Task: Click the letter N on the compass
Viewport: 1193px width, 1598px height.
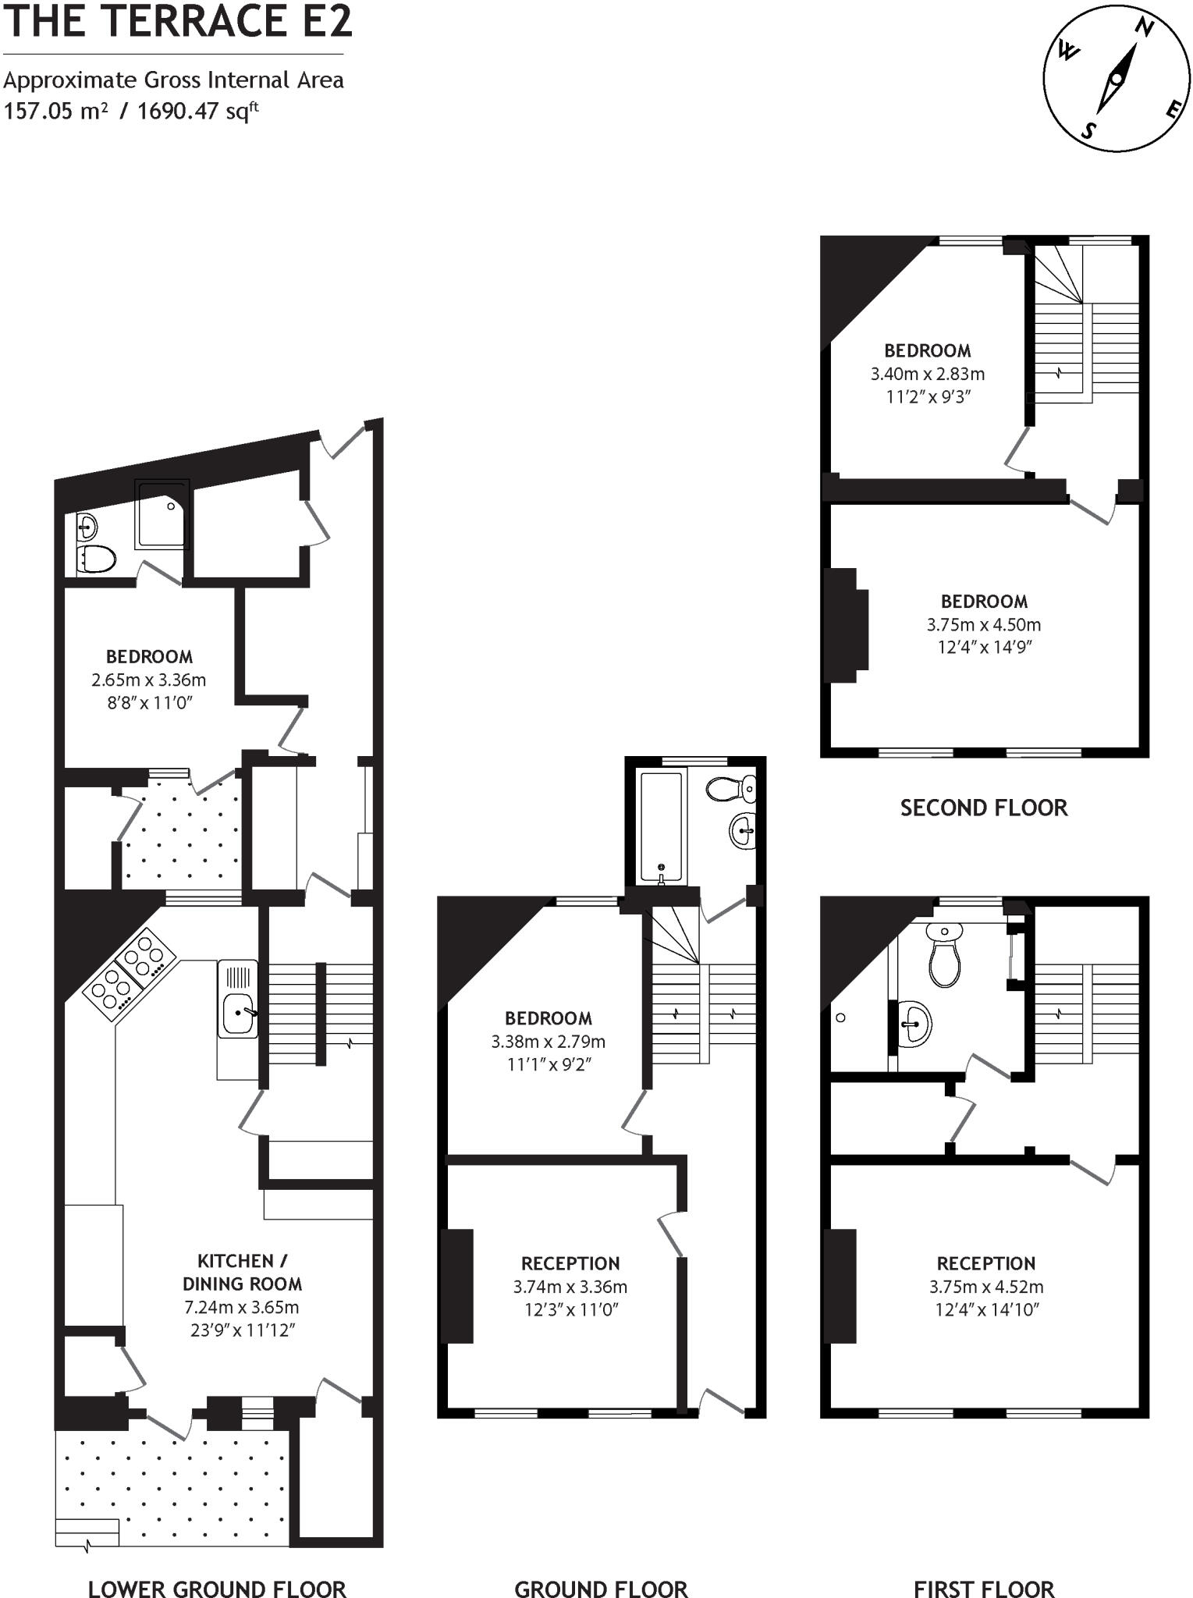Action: pos(1144,27)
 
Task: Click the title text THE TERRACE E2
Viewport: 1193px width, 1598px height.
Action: pos(178,21)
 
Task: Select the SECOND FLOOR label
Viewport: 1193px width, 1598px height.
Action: pos(983,808)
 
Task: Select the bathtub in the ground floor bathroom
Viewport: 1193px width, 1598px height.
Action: pos(662,826)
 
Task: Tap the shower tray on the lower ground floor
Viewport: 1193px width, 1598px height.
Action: pos(162,514)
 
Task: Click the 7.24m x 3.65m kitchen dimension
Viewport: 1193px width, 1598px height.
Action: pos(242,1307)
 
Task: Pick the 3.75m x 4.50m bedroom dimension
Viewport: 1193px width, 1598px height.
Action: pos(983,624)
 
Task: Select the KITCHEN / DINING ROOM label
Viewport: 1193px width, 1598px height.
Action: pos(242,1272)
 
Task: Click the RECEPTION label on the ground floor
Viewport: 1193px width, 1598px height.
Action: pos(570,1263)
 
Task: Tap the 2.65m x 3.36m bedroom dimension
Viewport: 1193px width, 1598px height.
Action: pos(148,680)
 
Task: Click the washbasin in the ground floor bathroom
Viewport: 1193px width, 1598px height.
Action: pos(744,829)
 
